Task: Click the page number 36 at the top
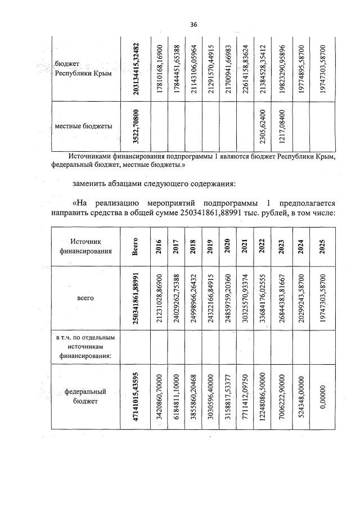tap(193, 25)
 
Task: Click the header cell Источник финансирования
tap(86, 246)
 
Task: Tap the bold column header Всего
tap(136, 246)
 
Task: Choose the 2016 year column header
tap(159, 246)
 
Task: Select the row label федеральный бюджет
tap(85, 397)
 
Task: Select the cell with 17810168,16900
tap(159, 69)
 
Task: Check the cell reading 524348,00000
tap(300, 397)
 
